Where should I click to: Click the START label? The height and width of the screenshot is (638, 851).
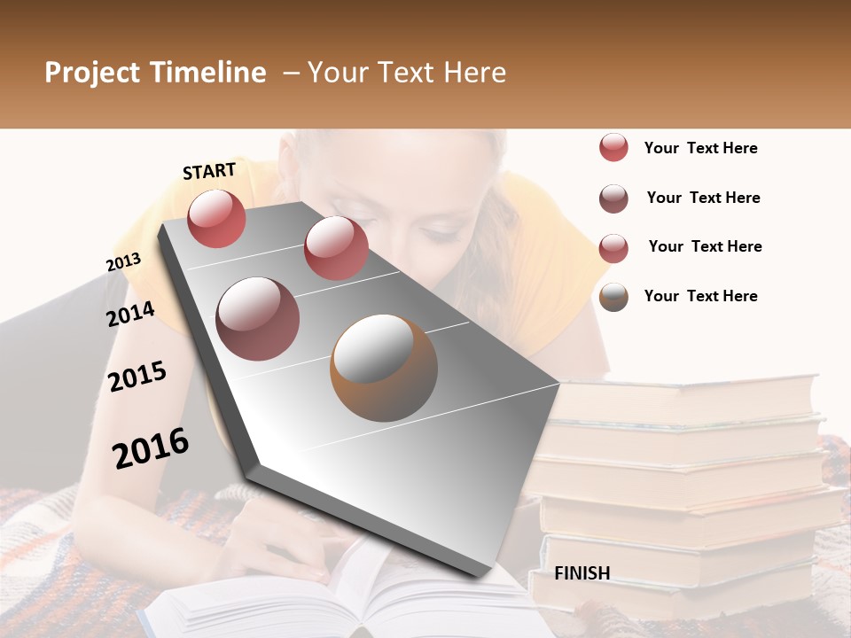pos(209,171)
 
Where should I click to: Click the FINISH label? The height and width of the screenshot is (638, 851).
pos(582,573)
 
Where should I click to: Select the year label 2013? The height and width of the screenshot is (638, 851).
pos(123,262)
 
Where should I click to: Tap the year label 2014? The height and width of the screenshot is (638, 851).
pos(130,315)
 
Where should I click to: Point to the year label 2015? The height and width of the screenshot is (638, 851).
pos(137,377)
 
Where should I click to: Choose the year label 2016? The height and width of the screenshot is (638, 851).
pos(151,447)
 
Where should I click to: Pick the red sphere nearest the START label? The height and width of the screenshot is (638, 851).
pos(216,218)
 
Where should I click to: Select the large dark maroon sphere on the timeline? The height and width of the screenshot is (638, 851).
pos(258,318)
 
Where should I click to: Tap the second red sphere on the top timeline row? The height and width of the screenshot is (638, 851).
pos(336,247)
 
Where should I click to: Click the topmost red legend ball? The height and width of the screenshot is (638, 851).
pos(613,148)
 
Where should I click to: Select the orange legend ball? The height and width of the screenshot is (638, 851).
pos(613,297)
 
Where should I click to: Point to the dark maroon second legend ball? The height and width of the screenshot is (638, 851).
pos(613,198)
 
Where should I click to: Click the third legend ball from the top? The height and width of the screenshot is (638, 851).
pos(613,248)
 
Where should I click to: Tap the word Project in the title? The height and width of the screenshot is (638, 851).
pos(91,74)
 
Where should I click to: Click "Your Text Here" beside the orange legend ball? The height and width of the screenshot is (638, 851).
pos(700,296)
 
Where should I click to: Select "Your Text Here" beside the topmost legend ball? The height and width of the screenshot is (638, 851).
pos(700,148)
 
